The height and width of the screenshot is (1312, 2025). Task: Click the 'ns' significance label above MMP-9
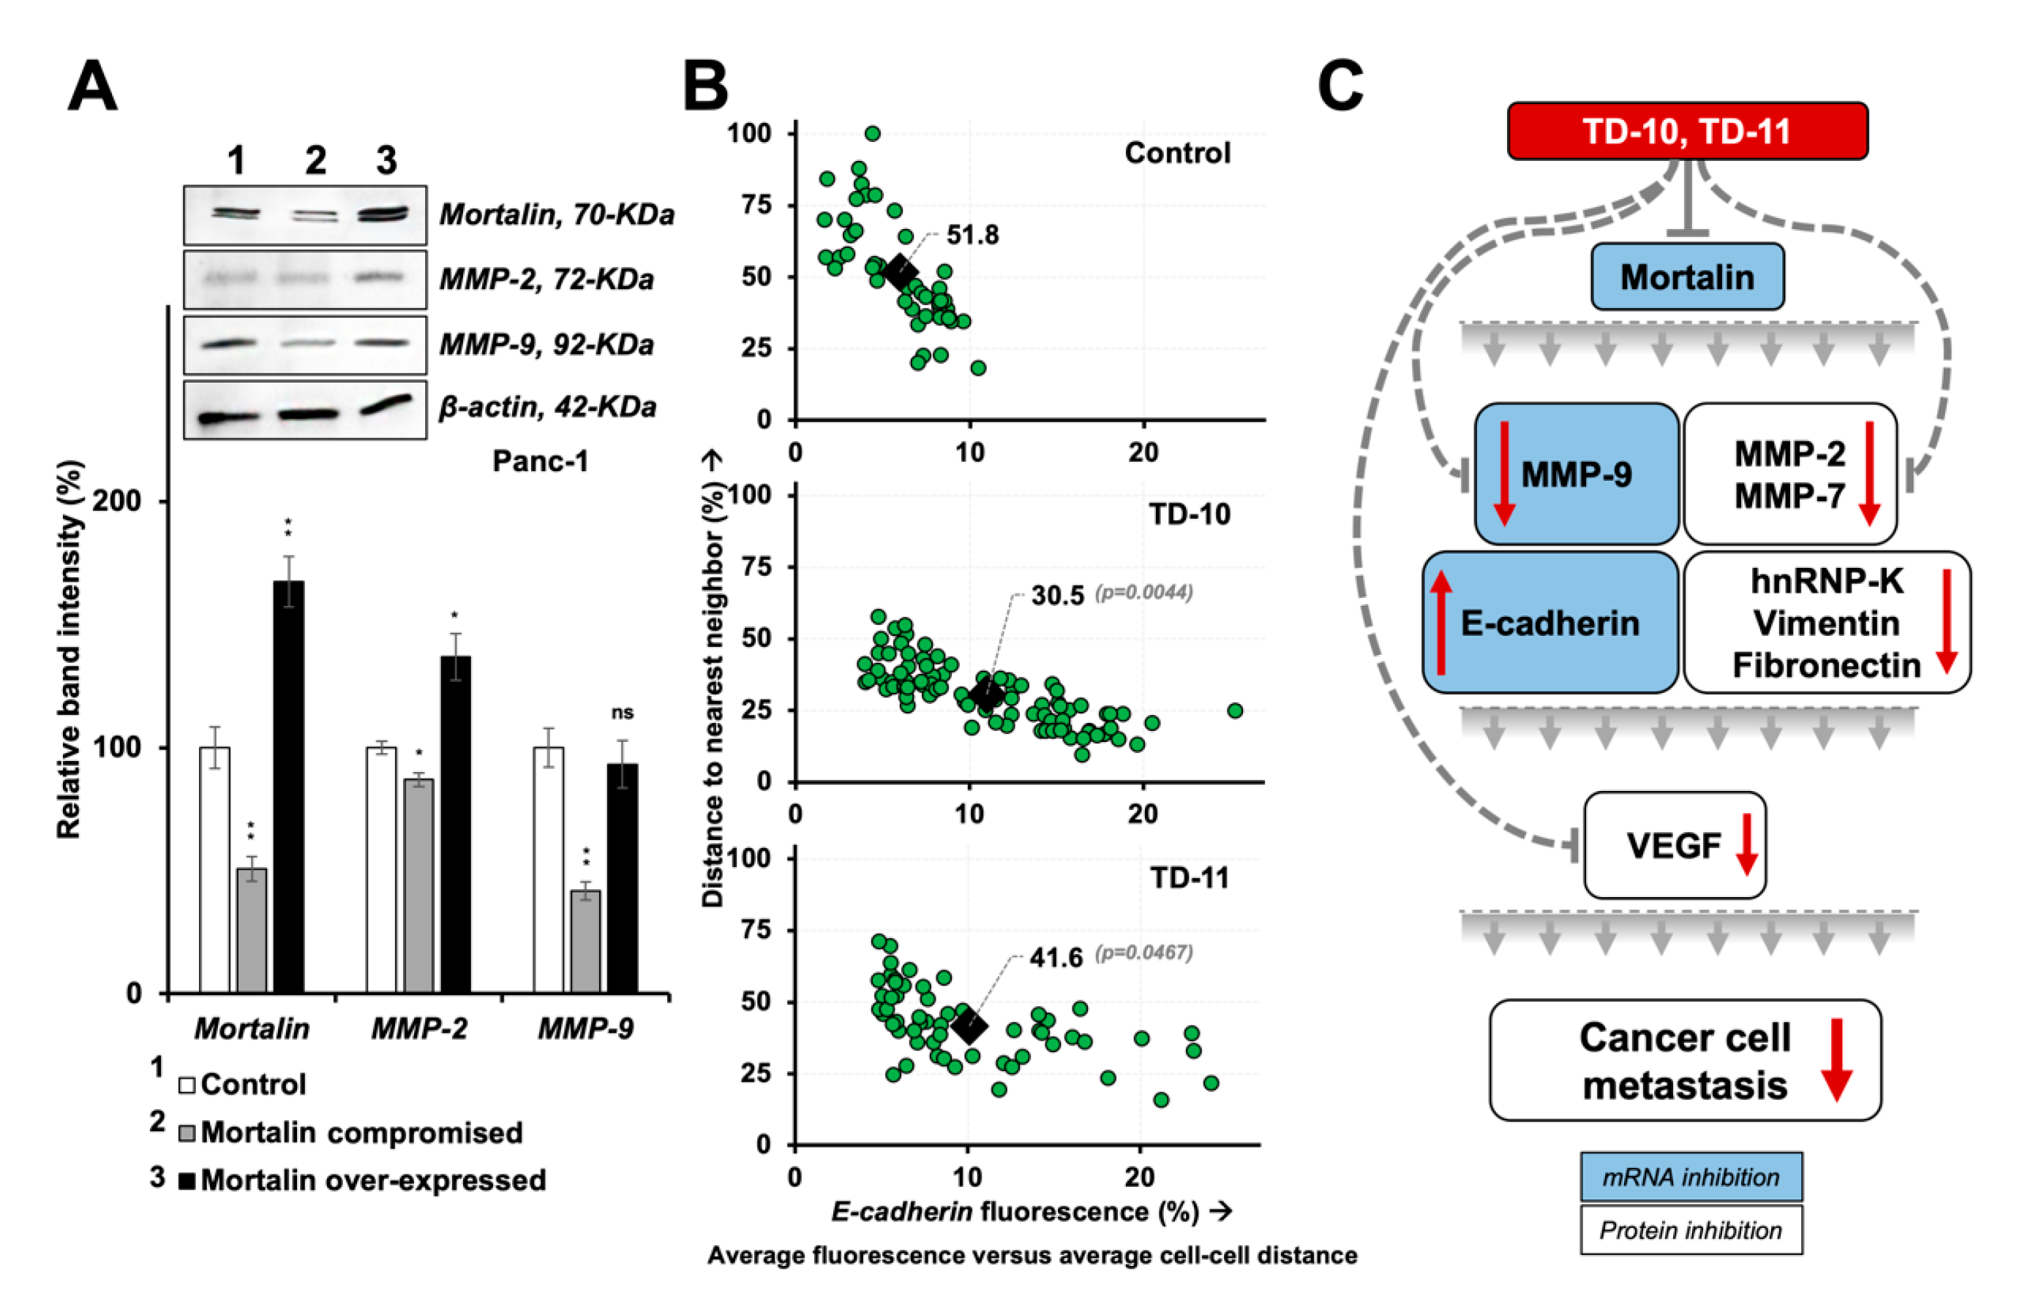[x=622, y=712]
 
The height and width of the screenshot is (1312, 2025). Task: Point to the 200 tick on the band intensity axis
[x=116, y=501]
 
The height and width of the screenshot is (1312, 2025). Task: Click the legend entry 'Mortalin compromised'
[x=361, y=1133]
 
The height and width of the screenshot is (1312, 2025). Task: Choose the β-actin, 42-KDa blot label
[x=547, y=407]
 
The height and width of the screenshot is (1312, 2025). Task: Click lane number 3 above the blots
[x=386, y=160]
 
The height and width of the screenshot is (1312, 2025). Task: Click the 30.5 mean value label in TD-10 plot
[x=1058, y=596]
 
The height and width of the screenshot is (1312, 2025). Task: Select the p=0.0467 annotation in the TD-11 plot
[x=1143, y=952]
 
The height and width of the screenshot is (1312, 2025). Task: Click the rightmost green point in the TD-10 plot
[x=1235, y=711]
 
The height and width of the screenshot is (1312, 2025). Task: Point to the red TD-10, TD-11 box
[x=1687, y=131]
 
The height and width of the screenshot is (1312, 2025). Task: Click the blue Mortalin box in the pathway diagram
[x=1687, y=277]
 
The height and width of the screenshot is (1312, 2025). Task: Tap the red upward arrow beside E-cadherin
[x=1440, y=622]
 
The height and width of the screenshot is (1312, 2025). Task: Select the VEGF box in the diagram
[x=1674, y=845]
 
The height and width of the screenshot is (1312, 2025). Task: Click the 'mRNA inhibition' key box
[x=1691, y=1177]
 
